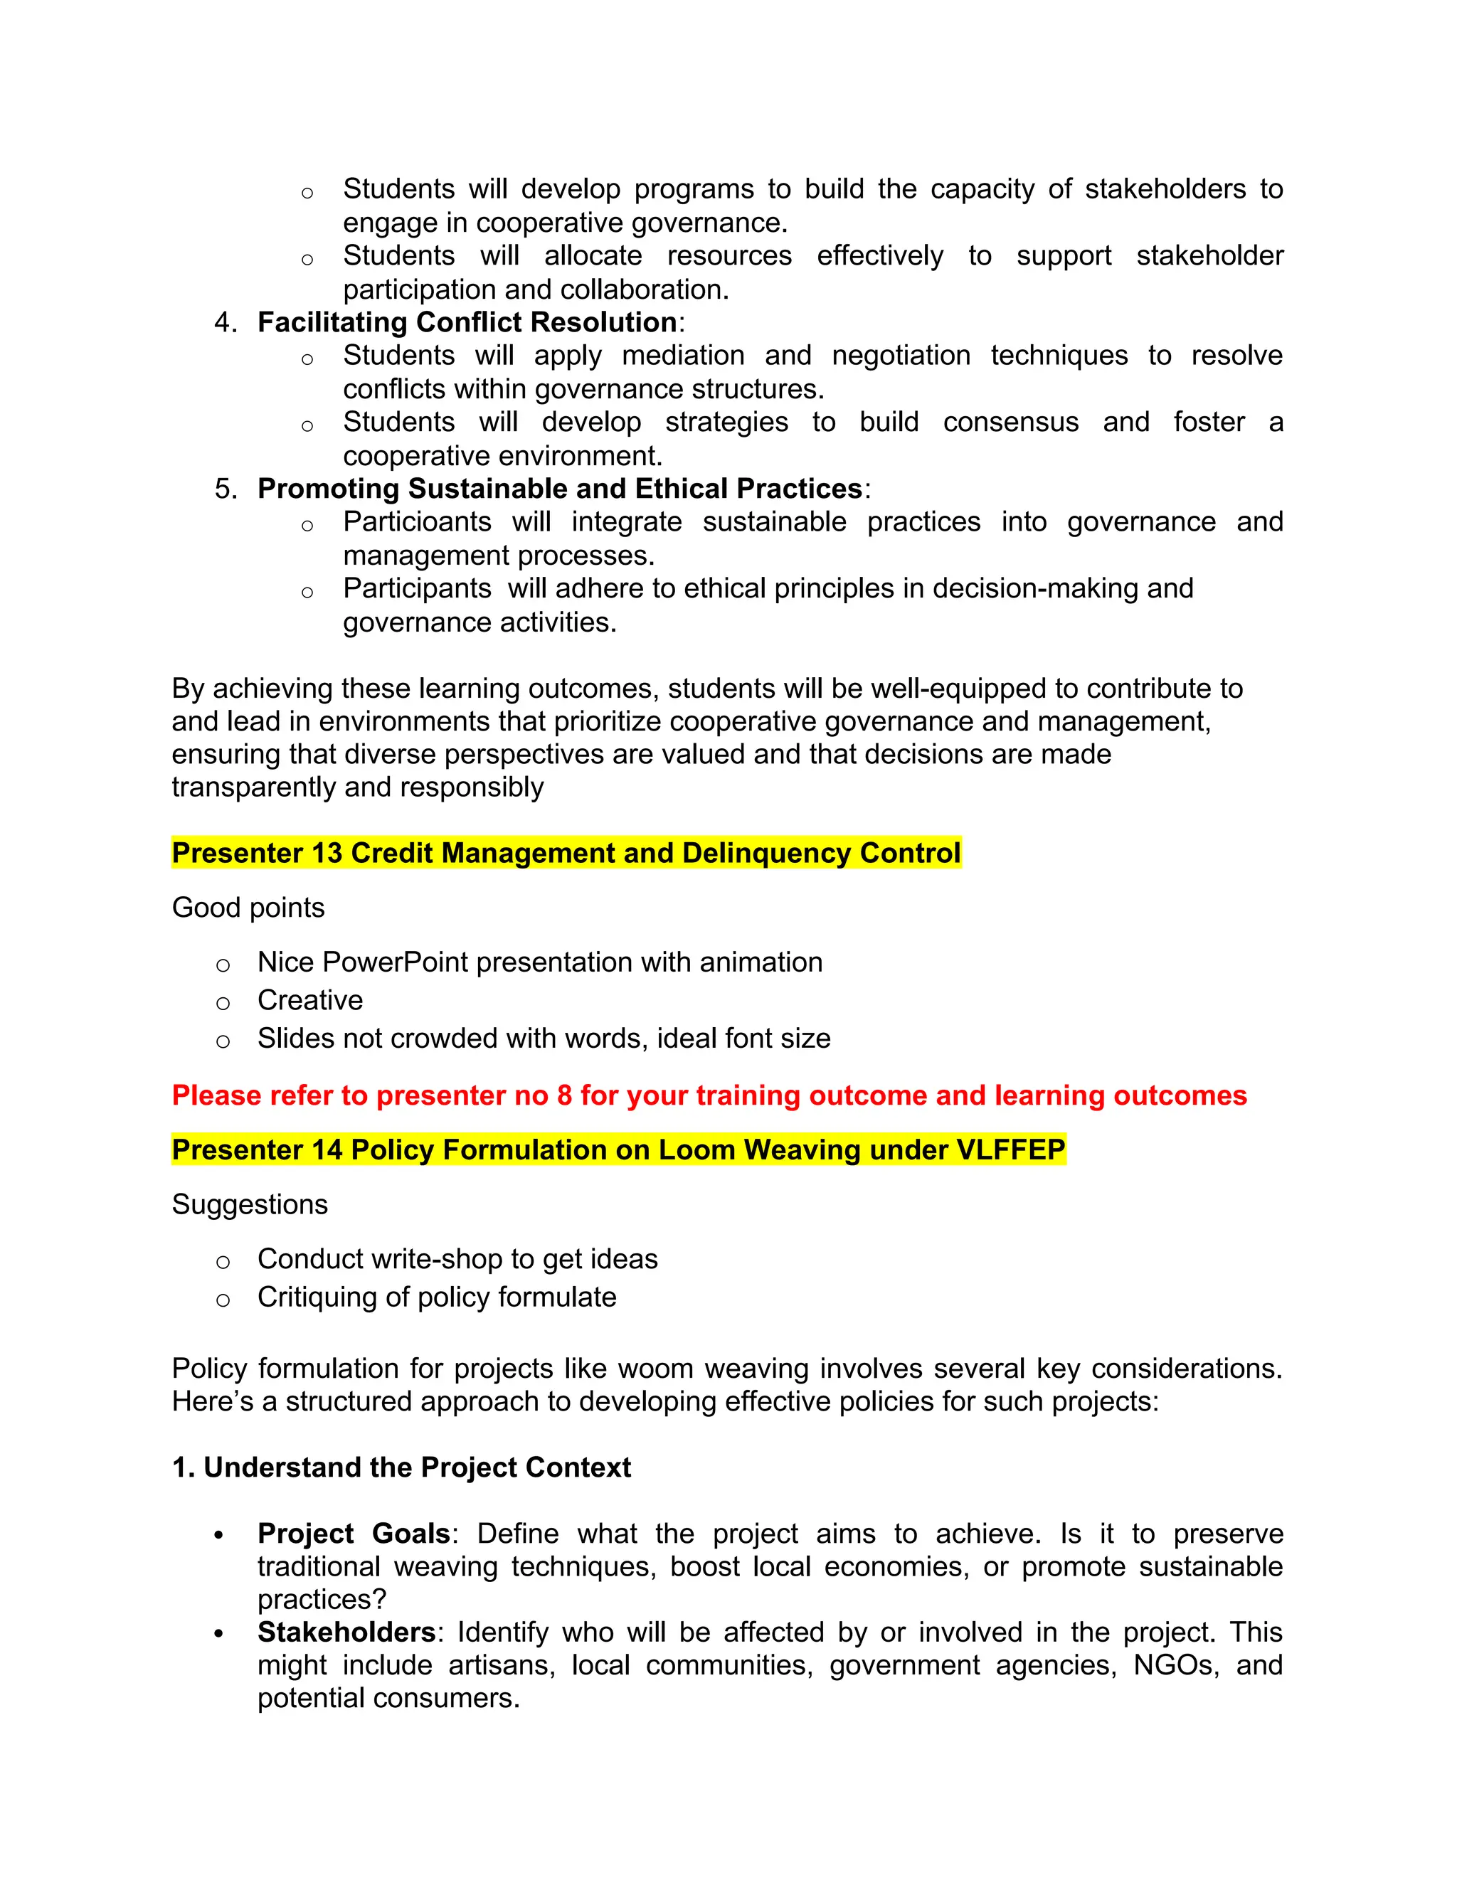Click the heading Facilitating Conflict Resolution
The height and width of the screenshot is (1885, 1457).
coord(466,323)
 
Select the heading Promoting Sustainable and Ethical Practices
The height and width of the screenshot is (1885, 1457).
coord(559,489)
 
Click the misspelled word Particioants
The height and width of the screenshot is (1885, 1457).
coord(417,522)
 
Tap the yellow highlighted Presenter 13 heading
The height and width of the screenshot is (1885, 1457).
coord(566,854)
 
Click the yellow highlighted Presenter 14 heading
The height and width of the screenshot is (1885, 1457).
coord(618,1150)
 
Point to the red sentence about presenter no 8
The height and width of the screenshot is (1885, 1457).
coord(709,1096)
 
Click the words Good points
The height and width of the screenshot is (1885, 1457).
coord(248,908)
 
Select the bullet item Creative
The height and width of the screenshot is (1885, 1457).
coord(310,1000)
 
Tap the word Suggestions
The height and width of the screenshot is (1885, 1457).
coord(250,1205)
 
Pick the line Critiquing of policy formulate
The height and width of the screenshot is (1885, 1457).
coord(436,1298)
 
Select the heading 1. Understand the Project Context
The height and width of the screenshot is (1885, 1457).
coord(401,1468)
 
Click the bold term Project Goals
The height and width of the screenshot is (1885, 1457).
coord(353,1534)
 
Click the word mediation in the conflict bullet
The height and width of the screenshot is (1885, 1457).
coord(683,356)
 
